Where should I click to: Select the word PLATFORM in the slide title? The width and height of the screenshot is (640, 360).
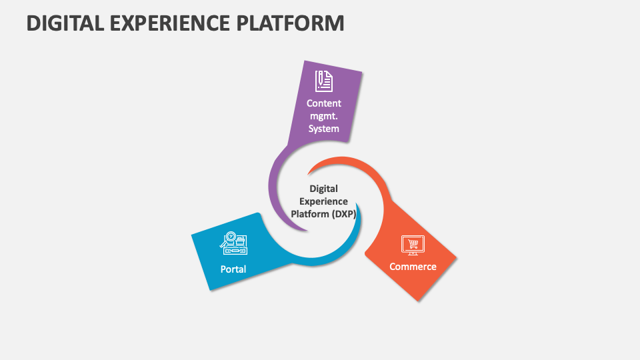click(291, 23)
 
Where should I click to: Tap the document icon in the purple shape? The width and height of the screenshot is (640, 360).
click(324, 80)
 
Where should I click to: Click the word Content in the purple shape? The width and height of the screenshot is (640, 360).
click(324, 103)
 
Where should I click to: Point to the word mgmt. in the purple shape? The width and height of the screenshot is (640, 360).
click(324, 116)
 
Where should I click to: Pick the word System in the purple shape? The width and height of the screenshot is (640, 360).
click(324, 129)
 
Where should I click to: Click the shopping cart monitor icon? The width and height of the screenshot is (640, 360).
click(413, 245)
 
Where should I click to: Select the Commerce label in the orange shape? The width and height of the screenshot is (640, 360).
click(413, 267)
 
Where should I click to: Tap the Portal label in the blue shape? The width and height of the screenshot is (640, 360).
click(233, 269)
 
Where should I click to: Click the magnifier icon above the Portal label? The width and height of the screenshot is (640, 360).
click(230, 237)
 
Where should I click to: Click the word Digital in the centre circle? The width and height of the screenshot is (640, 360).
click(324, 189)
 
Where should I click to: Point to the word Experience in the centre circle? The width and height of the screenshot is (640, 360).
click(324, 201)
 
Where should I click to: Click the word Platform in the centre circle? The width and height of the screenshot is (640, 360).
click(310, 214)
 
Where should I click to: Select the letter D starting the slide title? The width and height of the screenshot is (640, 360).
click(33, 23)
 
